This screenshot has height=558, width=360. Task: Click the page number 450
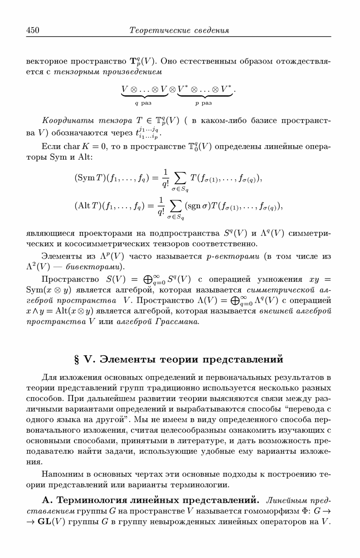click(33, 30)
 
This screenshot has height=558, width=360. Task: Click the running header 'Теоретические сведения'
click(180, 30)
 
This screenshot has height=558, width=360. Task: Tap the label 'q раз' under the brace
click(143, 103)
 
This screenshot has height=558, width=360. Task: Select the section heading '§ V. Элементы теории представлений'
click(180, 359)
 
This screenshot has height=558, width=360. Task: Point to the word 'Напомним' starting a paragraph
click(60, 475)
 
